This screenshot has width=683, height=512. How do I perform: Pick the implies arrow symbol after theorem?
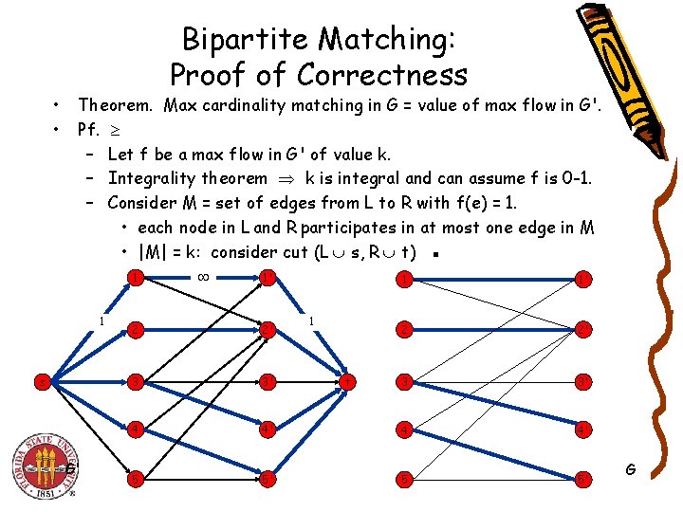285,179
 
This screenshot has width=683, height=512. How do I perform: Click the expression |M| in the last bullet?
156,252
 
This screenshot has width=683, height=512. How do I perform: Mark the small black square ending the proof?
433,254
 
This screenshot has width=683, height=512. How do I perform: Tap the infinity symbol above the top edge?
202,278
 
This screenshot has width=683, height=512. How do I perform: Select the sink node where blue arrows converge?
349,381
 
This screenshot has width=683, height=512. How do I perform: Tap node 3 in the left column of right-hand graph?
405,381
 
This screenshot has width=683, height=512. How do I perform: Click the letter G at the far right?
633,468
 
